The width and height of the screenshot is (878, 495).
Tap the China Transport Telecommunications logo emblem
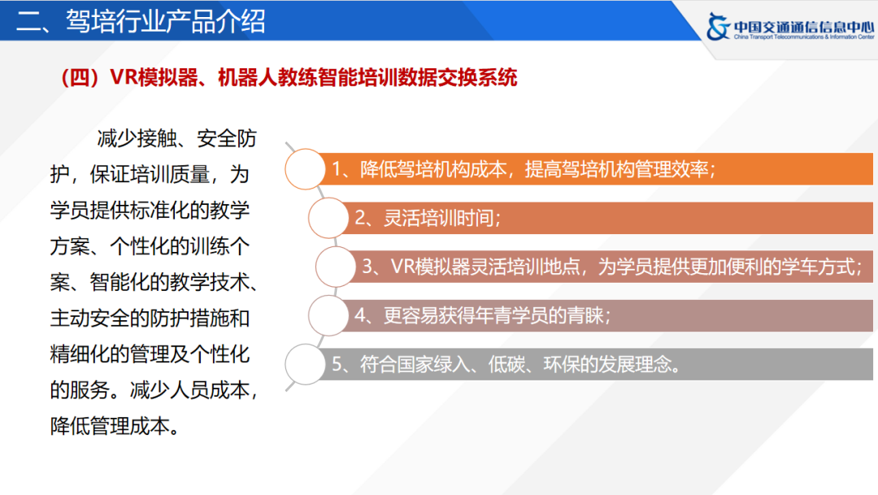pyautogui.click(x=719, y=27)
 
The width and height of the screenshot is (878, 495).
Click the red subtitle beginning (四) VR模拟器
pyautogui.click(x=289, y=77)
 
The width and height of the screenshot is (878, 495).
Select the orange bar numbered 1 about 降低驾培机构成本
pyautogui.click(x=593, y=170)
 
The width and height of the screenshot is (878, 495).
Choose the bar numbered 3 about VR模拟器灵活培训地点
pyautogui.click(x=610, y=267)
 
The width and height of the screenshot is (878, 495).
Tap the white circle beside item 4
pyautogui.click(x=329, y=315)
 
